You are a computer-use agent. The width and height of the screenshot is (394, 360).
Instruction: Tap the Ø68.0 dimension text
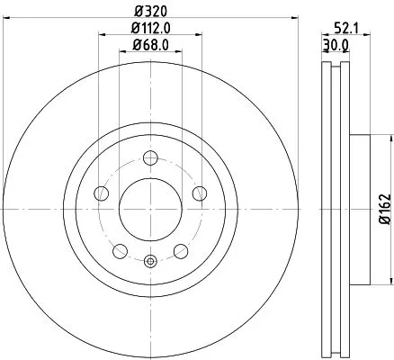[150, 45]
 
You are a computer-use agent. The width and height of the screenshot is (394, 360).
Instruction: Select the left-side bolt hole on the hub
[102, 194]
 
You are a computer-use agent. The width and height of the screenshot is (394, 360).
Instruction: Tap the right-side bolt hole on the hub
[200, 194]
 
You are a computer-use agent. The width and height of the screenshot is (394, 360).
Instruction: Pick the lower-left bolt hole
[121, 249]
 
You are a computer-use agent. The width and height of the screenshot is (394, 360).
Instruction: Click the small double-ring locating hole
[150, 263]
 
